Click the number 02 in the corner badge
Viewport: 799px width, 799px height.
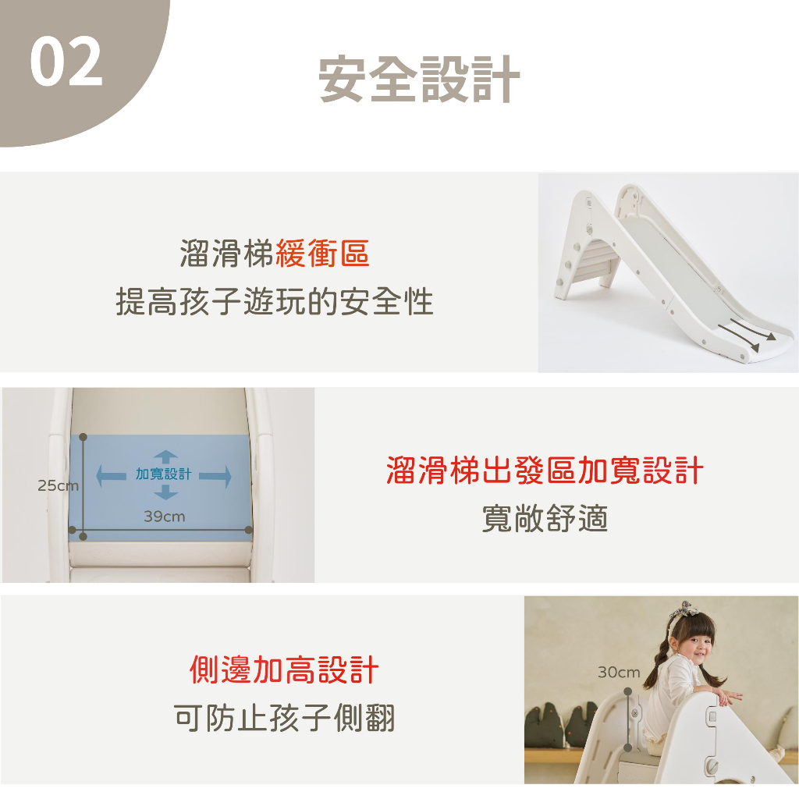pos(66,62)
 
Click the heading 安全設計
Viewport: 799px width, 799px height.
pos(419,80)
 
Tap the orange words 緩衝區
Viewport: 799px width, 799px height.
pos(322,253)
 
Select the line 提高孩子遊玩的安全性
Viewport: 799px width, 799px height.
pos(275,301)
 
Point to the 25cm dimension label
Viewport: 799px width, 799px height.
pos(58,485)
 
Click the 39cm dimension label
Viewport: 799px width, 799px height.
pos(164,517)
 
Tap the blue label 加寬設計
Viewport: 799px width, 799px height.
pos(164,474)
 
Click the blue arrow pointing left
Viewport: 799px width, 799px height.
pos(111,476)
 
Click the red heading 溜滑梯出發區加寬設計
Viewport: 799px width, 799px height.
pos(545,470)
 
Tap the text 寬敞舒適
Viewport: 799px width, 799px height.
pos(545,519)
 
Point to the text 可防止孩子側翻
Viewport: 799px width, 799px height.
pos(284,718)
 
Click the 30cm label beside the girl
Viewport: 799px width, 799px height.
pos(619,673)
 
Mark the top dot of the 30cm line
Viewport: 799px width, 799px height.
pos(628,691)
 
